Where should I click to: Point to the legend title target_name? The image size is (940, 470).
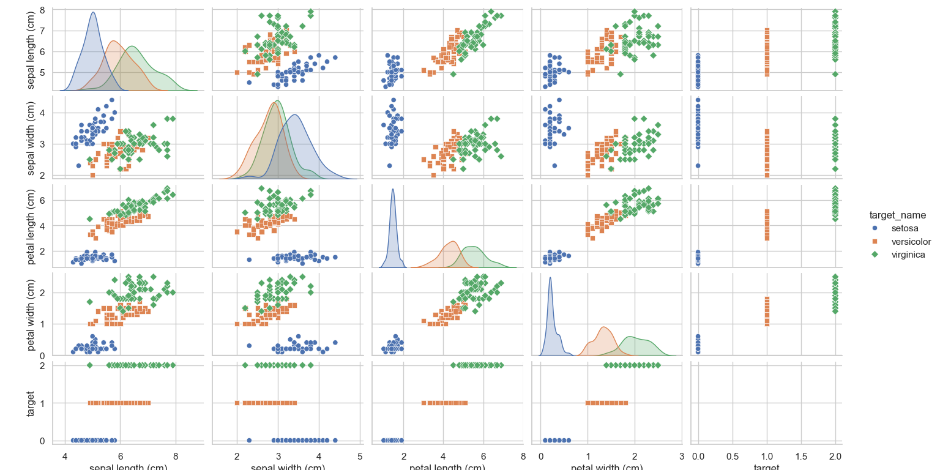[x=897, y=215]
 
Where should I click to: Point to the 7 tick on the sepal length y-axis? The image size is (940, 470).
[x=44, y=31]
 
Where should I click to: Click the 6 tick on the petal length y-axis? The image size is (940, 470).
[x=44, y=200]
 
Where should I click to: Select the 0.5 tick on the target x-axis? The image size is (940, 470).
[x=733, y=457]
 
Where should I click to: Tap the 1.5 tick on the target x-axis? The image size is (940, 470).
[x=801, y=457]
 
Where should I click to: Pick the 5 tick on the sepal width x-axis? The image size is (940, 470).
[x=360, y=457]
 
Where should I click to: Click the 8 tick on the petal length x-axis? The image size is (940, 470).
[x=523, y=457]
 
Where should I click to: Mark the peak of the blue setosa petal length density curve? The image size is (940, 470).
[x=393, y=189]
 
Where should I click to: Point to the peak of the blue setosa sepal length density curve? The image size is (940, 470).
[x=92, y=12]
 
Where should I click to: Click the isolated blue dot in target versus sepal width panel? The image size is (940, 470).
[x=249, y=440]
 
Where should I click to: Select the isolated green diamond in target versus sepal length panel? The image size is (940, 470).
[x=89, y=365]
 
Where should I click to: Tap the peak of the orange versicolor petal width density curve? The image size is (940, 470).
[x=604, y=327]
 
